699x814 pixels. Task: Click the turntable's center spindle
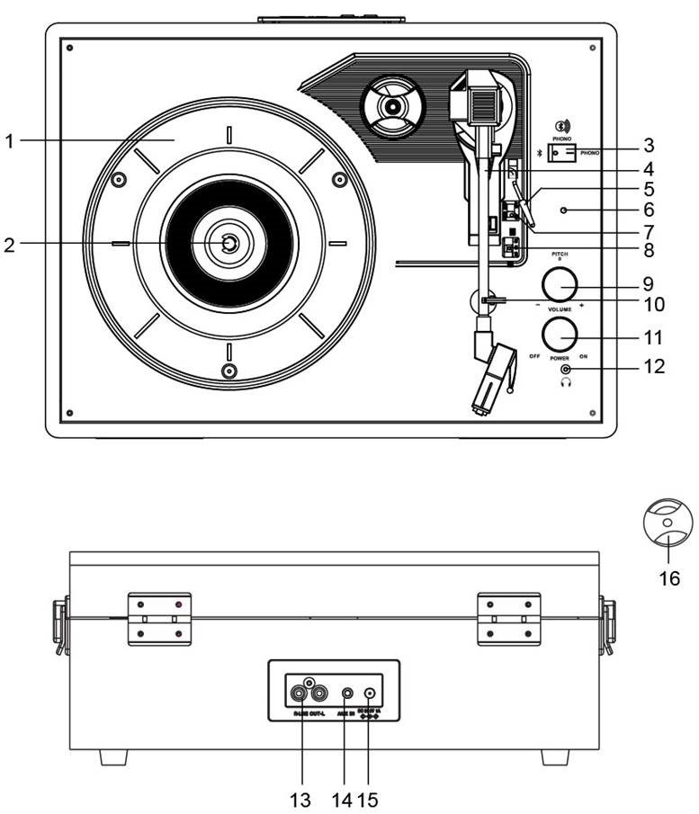(229, 243)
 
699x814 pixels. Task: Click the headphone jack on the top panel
(566, 369)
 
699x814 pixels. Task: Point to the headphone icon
(566, 383)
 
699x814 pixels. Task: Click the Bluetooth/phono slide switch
(565, 154)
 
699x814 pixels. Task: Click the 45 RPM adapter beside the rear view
(668, 525)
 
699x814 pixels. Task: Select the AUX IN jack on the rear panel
(347, 694)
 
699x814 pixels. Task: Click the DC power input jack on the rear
(372, 694)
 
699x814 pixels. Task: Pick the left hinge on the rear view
(159, 621)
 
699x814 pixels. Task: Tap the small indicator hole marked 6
(564, 211)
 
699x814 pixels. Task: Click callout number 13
(303, 798)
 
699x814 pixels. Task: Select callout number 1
(10, 141)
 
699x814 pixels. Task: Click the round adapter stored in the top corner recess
(391, 107)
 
